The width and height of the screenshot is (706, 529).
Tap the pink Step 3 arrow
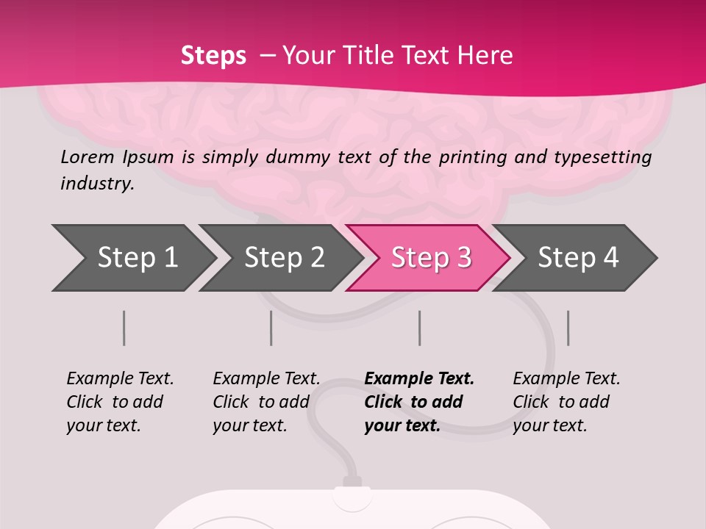point(430,258)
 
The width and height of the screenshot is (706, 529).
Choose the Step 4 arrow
point(577,258)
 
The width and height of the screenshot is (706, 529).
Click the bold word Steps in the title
point(213,55)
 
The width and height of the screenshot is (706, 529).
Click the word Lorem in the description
point(86,157)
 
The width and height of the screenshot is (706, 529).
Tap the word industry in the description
point(97,184)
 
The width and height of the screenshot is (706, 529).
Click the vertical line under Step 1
point(124,328)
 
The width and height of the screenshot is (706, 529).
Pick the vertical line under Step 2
point(271,328)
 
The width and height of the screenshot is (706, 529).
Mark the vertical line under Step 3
point(419,328)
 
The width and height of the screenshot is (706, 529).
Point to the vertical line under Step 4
point(568,328)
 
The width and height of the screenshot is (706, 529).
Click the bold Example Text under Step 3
point(419,379)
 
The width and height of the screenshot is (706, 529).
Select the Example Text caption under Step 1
point(120,379)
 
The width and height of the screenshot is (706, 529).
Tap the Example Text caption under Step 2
point(266,379)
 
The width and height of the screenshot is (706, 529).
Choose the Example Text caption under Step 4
point(566,379)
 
